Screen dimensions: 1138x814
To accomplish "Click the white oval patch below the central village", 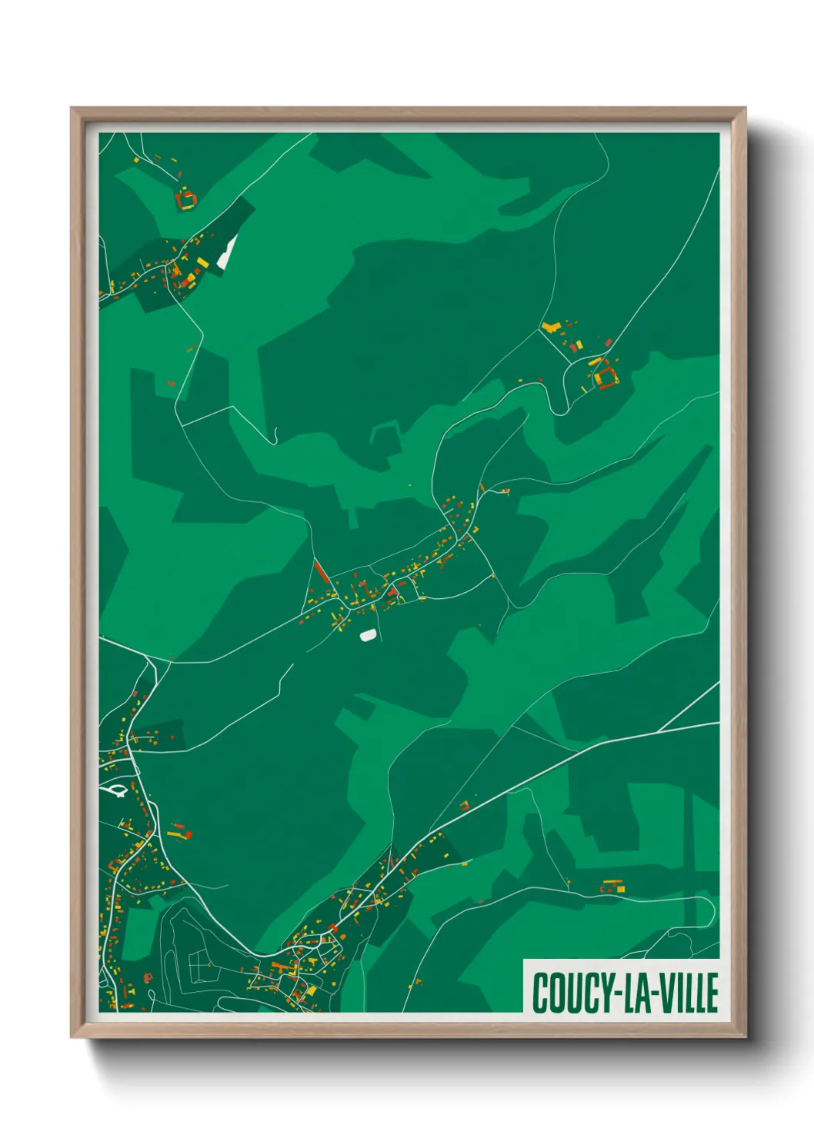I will coord(369,635).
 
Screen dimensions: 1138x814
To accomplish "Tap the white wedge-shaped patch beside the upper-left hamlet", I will coord(228,251).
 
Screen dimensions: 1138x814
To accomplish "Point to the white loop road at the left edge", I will coord(115,789).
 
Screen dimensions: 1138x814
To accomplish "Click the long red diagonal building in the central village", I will coord(322,572).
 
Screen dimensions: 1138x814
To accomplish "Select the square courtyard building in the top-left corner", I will coord(185,200).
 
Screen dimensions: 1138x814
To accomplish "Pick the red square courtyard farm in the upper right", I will coord(607,376).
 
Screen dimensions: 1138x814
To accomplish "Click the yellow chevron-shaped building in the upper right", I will coord(549,328).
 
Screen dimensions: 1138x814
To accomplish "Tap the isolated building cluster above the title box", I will coord(612,887).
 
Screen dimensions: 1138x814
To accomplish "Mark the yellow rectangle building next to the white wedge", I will coord(202,263).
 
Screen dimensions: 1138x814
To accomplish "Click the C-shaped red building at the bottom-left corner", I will coord(147,978).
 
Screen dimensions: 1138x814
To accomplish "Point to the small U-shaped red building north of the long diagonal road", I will coord(464,806).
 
